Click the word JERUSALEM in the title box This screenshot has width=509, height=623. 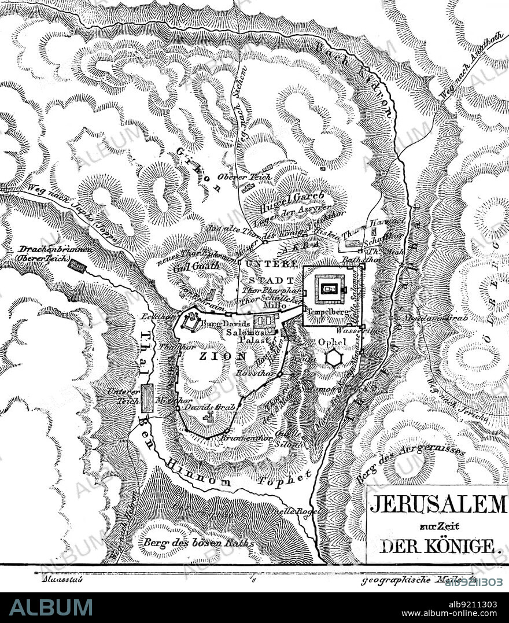click(438, 504)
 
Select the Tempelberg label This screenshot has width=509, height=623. click(326, 311)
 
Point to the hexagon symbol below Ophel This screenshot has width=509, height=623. click(333, 358)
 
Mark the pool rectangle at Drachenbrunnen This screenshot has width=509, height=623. click(77, 266)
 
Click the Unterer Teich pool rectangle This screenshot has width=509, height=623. click(147, 399)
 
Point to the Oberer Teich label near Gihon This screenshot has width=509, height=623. click(235, 176)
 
